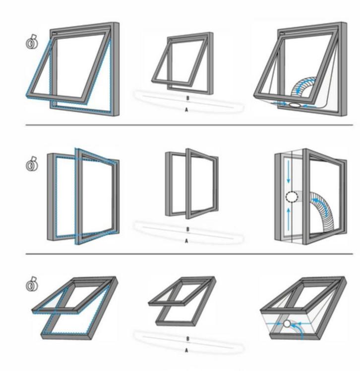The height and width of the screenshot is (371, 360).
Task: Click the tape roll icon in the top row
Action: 32,42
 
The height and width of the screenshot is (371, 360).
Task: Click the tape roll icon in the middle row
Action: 32,164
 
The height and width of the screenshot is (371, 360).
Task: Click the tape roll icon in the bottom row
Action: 32,284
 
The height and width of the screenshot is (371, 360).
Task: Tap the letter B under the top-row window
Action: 188,98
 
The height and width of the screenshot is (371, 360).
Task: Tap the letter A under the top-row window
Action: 186,110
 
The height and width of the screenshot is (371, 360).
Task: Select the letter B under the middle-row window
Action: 188,229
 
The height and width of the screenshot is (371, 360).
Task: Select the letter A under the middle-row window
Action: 186,241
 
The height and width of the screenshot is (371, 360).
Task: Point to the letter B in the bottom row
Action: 188,339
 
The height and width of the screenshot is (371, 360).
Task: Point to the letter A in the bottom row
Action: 186,350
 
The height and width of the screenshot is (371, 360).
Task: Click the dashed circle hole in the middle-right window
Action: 292,197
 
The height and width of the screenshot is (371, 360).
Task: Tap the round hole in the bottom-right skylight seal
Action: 287,323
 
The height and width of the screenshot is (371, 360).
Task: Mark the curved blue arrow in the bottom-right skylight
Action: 298,330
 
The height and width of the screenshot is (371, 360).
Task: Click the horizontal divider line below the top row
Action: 189,125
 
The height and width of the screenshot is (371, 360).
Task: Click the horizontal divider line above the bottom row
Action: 189,254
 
